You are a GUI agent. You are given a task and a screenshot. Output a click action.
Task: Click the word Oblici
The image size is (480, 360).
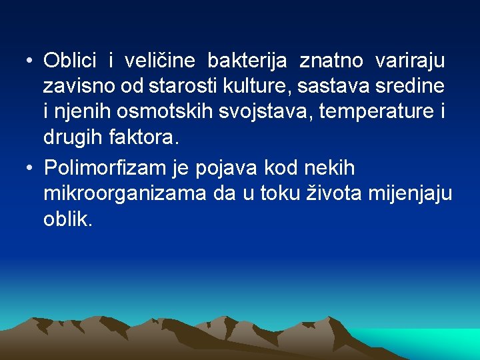click(69, 61)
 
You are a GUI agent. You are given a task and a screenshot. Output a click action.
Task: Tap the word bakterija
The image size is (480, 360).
click(247, 61)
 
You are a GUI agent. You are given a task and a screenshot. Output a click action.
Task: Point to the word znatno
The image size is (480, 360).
click(331, 62)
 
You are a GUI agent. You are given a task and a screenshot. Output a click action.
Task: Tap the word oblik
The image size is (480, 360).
click(68, 219)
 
